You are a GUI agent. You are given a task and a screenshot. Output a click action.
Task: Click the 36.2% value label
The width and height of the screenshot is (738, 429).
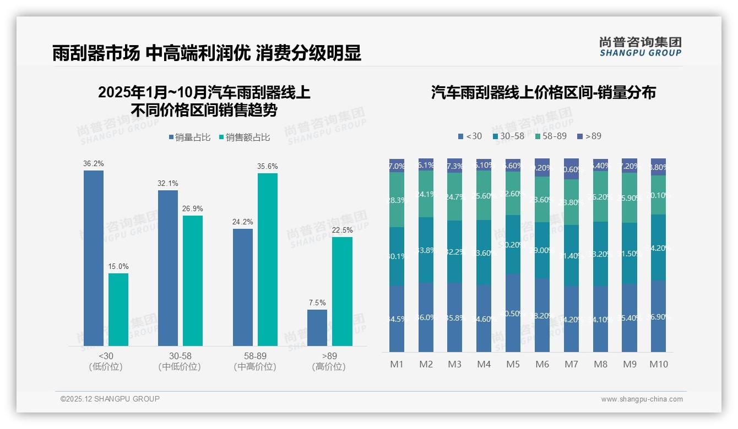click(x=94, y=163)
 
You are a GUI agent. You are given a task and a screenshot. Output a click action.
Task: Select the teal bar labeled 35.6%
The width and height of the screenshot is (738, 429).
click(x=267, y=259)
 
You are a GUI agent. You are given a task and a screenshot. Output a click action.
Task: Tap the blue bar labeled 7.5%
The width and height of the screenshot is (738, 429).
click(x=317, y=327)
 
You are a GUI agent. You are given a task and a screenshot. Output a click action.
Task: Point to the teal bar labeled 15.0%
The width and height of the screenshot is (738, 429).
click(x=118, y=309)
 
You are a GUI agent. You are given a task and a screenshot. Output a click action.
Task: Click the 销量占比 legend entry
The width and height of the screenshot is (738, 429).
click(x=189, y=137)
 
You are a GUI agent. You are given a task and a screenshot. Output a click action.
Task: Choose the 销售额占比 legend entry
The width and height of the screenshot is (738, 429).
click(x=245, y=137)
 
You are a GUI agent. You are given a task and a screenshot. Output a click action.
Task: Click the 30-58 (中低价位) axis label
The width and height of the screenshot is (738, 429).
click(x=179, y=361)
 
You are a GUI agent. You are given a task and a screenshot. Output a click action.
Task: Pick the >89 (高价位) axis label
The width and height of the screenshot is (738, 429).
click(x=329, y=361)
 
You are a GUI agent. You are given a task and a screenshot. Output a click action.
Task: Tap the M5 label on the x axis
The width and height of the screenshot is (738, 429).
click(x=513, y=364)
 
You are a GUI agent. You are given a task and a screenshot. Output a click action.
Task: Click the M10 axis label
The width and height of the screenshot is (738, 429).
click(x=658, y=364)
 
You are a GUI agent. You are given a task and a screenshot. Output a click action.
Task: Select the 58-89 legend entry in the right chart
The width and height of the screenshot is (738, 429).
click(x=551, y=136)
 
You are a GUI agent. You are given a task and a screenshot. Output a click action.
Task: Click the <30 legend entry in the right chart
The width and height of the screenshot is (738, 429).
click(x=470, y=136)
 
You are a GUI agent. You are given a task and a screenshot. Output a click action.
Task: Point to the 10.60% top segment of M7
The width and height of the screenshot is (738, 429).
click(x=571, y=169)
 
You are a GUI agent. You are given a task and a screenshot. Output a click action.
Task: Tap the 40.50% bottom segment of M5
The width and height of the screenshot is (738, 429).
click(x=513, y=313)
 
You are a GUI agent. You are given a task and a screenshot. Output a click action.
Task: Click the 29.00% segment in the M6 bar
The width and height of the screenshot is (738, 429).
click(x=542, y=250)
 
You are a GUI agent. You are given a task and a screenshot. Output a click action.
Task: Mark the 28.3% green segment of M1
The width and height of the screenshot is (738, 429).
click(x=397, y=200)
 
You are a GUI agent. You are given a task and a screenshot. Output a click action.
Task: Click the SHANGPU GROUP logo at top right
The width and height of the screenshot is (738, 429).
click(x=640, y=47)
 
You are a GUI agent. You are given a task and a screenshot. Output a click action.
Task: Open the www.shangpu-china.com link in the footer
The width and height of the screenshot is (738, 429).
click(x=642, y=399)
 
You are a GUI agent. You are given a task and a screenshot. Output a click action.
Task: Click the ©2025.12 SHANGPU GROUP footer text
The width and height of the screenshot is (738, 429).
click(x=110, y=399)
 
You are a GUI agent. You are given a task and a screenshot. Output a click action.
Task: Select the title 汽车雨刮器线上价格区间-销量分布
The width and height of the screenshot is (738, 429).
click(x=543, y=92)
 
